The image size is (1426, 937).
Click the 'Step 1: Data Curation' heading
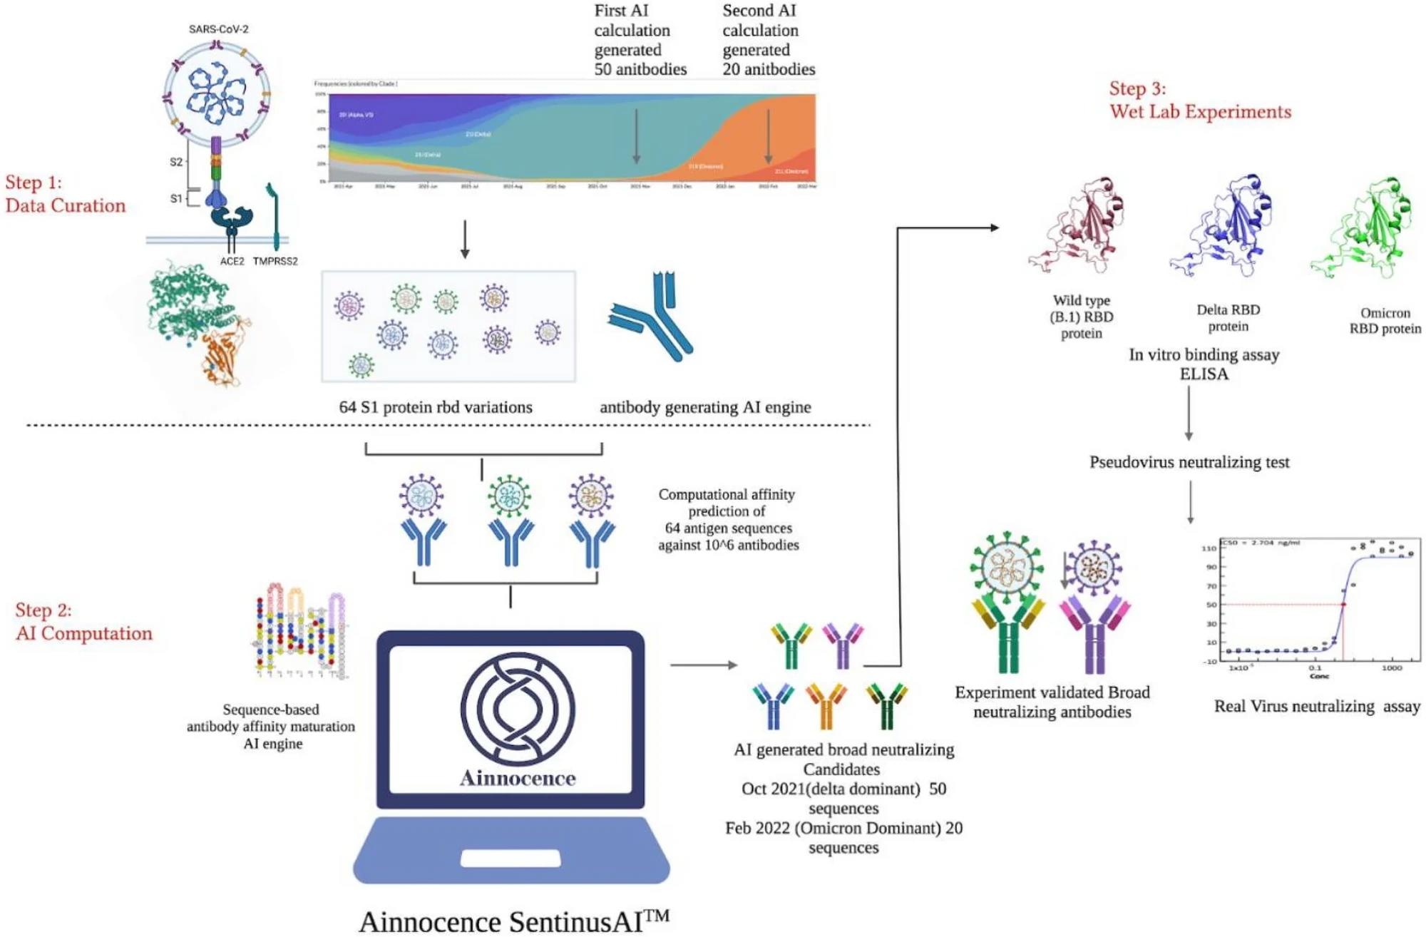[65, 194]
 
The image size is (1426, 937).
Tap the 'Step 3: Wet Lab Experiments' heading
[1200, 101]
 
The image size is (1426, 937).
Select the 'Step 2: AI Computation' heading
[83, 622]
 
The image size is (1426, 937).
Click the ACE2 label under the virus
[232, 262]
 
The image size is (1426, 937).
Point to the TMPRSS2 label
[275, 262]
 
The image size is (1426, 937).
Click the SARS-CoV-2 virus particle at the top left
[217, 93]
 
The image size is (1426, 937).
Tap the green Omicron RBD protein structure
[1363, 227]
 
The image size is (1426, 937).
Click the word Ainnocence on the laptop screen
[518, 778]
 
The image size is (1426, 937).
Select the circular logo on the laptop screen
[517, 710]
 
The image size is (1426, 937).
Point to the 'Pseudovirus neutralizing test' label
[1189, 462]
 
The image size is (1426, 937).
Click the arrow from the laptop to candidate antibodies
[703, 665]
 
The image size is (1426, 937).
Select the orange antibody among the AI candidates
[826, 706]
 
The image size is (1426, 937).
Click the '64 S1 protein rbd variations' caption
[436, 407]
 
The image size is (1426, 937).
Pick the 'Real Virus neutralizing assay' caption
[1317, 706]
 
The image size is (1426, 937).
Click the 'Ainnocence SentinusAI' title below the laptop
[514, 921]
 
